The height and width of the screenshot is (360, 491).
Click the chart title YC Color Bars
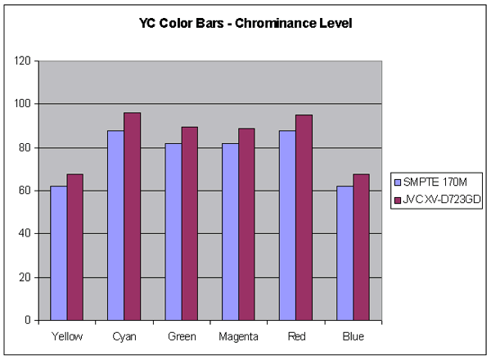click(x=245, y=24)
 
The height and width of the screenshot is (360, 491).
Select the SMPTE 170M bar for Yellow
click(x=58, y=253)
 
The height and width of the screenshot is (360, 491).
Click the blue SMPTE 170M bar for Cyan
click(x=115, y=225)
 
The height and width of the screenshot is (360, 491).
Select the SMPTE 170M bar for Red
click(x=287, y=225)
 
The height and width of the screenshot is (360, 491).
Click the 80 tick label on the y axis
click(x=25, y=148)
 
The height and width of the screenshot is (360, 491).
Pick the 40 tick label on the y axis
click(x=25, y=234)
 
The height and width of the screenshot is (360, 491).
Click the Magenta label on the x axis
click(x=238, y=336)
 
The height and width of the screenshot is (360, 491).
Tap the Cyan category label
click(x=124, y=336)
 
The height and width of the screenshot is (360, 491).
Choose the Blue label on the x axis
click(x=353, y=336)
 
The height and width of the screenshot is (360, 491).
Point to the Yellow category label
click(x=66, y=336)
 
